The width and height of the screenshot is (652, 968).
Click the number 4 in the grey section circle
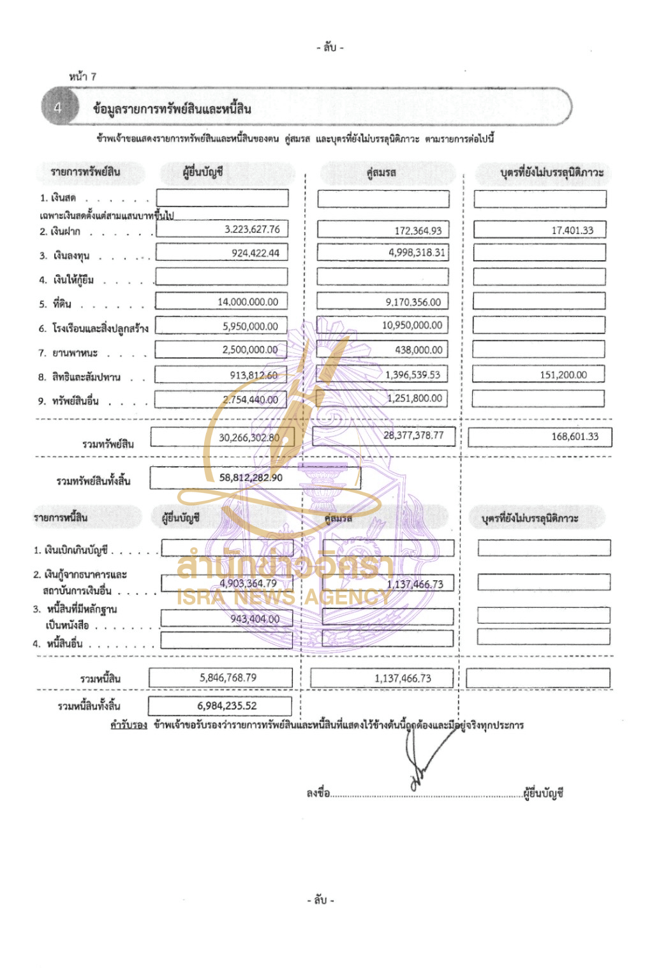[x=57, y=108]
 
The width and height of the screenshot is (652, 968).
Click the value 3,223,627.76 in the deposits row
[x=252, y=229]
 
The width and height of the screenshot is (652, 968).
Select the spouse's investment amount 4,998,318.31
[x=417, y=253]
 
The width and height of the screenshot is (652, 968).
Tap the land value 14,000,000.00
[x=248, y=302]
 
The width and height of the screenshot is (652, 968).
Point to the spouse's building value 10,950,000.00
[x=412, y=325]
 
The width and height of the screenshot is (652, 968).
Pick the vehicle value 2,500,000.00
[x=250, y=349]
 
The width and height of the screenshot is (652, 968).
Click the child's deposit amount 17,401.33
[x=572, y=230]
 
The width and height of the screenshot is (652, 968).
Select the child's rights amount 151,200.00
[x=563, y=375]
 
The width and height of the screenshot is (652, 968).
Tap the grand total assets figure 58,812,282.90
[x=251, y=478]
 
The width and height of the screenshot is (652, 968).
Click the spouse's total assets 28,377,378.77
[x=413, y=436]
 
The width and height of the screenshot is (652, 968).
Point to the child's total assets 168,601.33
[x=575, y=437]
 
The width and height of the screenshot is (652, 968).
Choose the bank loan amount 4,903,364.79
[x=248, y=583]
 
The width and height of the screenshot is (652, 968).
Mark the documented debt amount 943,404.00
[x=255, y=619]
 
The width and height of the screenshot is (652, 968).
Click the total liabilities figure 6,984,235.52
[x=226, y=706]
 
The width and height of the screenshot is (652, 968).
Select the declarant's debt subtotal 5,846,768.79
[x=228, y=677]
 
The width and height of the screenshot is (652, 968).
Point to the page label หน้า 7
[x=83, y=77]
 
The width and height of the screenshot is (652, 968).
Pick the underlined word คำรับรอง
[x=128, y=725]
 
